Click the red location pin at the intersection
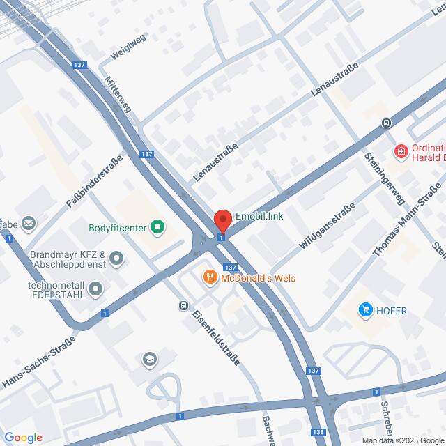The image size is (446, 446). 222,221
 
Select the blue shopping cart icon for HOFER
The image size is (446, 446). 364,309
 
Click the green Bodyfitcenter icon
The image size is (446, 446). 157,226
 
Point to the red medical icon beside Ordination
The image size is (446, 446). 401,151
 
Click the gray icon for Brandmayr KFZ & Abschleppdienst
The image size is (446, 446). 116,260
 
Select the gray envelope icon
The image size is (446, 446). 29,223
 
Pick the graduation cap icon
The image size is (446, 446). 148,360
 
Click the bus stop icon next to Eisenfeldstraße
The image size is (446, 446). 183,305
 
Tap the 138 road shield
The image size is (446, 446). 319,432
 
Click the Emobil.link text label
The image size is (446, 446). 259,217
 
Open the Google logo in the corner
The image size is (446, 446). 23,437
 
